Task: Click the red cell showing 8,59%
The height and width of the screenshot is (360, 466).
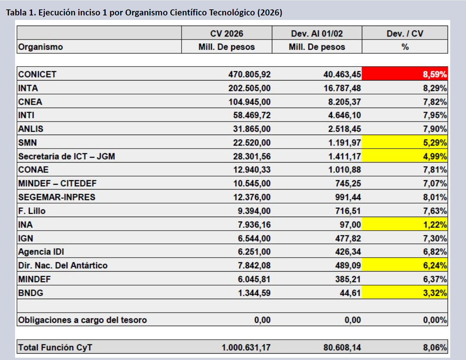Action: click(x=405, y=74)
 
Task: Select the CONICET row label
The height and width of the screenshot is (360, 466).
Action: click(x=37, y=74)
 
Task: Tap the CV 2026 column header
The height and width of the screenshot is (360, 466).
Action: click(x=226, y=33)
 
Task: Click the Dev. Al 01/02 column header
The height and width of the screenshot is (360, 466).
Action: click(x=317, y=33)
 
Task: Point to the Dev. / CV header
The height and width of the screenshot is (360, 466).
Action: click(x=405, y=33)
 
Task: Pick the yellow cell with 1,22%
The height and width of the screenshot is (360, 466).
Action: click(x=405, y=225)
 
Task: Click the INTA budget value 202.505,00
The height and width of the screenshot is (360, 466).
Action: click(x=249, y=88)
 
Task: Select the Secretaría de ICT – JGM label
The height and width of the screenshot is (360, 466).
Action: click(x=67, y=156)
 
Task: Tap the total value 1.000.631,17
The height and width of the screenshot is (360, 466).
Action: click(x=246, y=347)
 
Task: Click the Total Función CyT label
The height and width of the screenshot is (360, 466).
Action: click(x=55, y=347)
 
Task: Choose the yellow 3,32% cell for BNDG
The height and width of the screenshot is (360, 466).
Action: click(x=405, y=293)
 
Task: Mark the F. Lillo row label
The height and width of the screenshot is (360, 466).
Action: click(x=32, y=211)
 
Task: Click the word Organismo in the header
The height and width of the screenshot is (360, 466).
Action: click(x=41, y=47)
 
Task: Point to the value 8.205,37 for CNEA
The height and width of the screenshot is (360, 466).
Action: click(x=344, y=102)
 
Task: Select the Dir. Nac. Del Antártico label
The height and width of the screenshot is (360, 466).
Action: click(x=63, y=265)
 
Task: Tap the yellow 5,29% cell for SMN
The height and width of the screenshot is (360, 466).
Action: click(x=405, y=143)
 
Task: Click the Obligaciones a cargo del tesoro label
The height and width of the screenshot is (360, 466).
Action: click(x=82, y=320)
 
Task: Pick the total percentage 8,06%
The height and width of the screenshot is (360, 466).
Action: click(x=435, y=347)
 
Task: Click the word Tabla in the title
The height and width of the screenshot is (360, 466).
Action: click(x=16, y=12)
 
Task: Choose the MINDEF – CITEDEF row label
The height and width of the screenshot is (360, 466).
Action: click(x=57, y=184)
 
